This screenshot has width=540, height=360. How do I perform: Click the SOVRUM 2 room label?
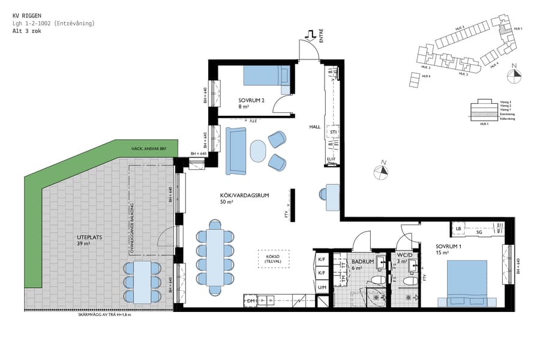[x=251, y=100]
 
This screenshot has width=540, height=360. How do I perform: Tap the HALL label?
[x=315, y=127]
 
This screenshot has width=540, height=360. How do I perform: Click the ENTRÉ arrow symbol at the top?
[x=311, y=35]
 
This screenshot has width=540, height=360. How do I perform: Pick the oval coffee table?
[x=257, y=151]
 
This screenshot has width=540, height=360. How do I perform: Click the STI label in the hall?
[x=332, y=132]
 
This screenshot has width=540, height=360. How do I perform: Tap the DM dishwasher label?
[x=251, y=301]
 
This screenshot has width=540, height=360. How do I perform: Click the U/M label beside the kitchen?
[x=321, y=288]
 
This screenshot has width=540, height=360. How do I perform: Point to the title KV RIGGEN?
[x=27, y=16]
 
